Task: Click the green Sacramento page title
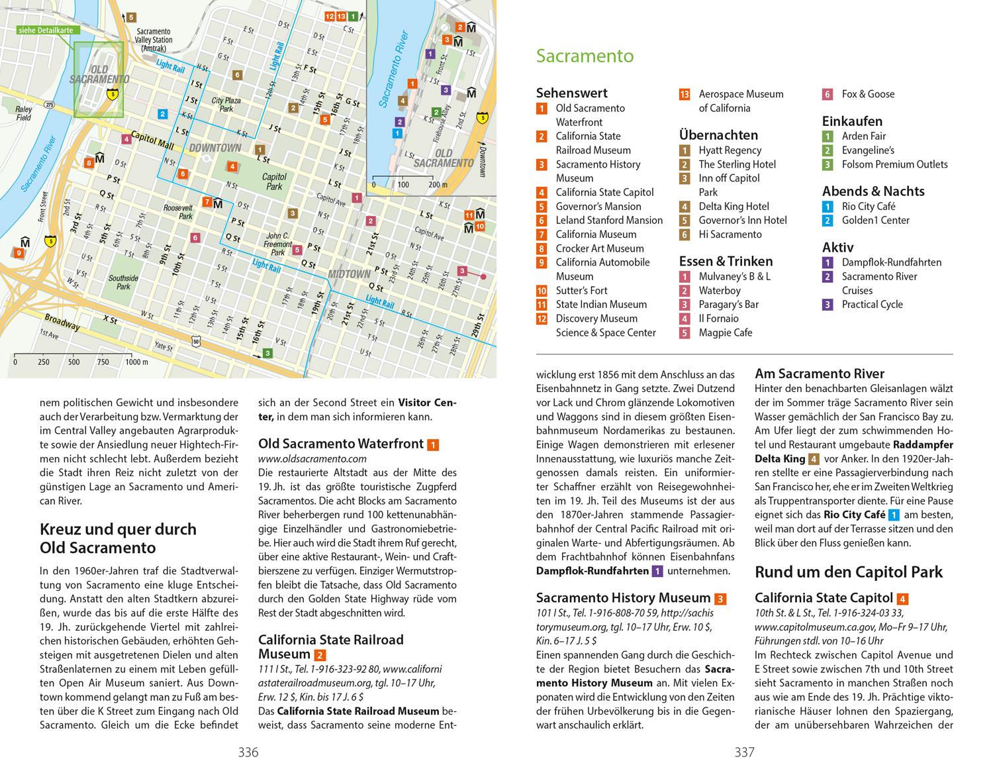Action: (585, 56)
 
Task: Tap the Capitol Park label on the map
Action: (274, 181)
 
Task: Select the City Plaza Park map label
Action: (226, 105)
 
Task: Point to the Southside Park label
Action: (123, 282)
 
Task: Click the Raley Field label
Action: (24, 113)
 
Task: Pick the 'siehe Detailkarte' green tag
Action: (46, 30)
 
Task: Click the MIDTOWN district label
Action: (349, 274)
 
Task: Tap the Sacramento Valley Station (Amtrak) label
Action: (154, 40)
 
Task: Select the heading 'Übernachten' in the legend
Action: (718, 135)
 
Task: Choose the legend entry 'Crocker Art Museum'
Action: (599, 248)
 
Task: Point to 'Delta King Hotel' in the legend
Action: (733, 206)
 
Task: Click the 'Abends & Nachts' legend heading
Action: (873, 191)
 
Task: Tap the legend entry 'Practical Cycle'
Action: (872, 305)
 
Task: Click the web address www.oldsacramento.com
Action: (312, 458)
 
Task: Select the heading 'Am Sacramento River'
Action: (820, 374)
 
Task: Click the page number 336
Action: (248, 752)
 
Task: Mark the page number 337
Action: (744, 752)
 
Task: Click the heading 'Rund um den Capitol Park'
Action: (849, 572)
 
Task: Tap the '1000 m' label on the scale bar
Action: (136, 362)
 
